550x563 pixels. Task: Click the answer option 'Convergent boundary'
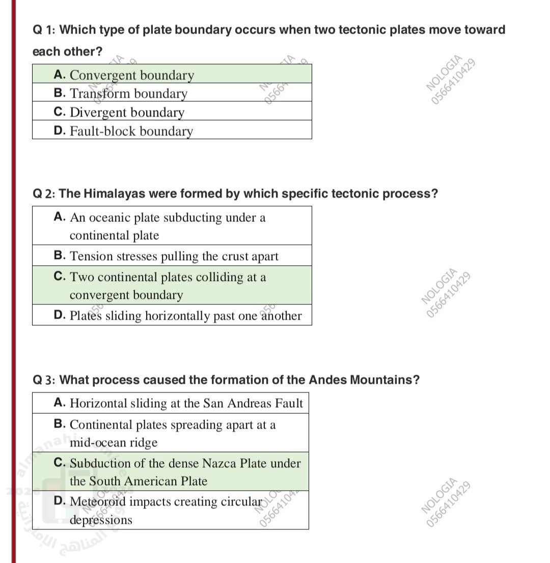click(131, 75)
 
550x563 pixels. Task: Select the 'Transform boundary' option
click(128, 94)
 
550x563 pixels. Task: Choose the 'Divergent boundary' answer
click(127, 112)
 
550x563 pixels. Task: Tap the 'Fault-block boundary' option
click(131, 131)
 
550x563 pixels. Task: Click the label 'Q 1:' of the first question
click(44, 30)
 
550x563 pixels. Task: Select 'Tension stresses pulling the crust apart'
click(174, 256)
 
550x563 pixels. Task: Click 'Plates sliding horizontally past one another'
click(185, 316)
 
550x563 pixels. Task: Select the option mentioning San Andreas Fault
click(186, 404)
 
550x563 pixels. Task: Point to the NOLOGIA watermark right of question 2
click(446, 292)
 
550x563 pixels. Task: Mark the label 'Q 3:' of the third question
click(44, 380)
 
